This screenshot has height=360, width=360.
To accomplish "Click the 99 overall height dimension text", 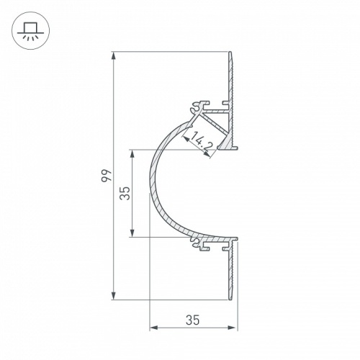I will coord(105,176).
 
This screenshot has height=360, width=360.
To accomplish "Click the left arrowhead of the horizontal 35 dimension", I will coord(153,328).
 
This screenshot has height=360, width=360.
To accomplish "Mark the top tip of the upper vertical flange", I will coord(232,53).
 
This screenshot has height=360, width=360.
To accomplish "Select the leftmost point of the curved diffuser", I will coord(149,194).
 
